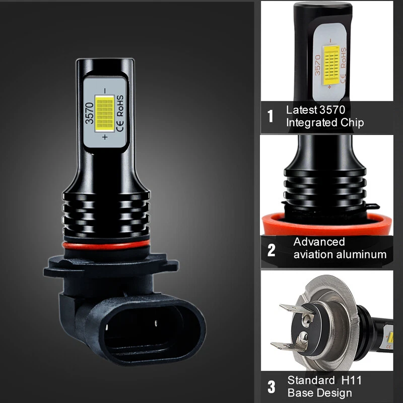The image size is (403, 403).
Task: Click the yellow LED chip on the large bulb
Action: click(x=105, y=113)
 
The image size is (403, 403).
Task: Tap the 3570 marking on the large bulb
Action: click(x=90, y=113)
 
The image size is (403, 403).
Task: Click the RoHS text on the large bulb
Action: click(x=120, y=106)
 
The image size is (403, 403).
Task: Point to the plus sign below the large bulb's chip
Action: click(x=105, y=137)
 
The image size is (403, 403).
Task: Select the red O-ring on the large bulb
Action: click(x=106, y=245)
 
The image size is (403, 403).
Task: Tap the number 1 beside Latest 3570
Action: click(x=271, y=116)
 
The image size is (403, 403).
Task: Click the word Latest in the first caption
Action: click(x=301, y=110)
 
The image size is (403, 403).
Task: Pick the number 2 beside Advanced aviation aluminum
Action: click(x=272, y=250)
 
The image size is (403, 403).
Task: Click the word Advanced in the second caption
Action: click(x=319, y=242)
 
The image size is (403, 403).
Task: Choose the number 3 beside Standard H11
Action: click(x=272, y=387)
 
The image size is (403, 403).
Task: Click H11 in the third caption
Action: click(x=352, y=380)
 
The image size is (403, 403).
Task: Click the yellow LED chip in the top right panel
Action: click(x=331, y=65)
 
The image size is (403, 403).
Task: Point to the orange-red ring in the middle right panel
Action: click(x=327, y=224)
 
